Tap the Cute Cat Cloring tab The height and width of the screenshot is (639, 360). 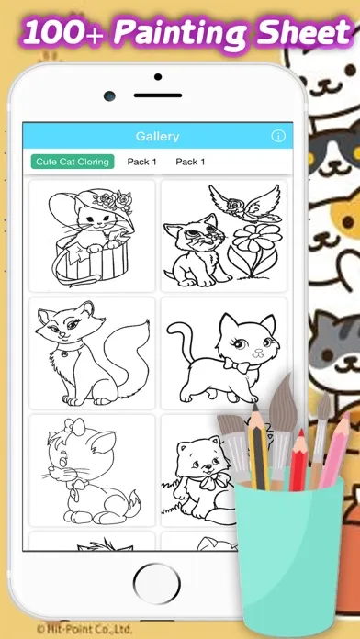(x=73, y=163)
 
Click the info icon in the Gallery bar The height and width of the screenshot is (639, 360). (x=278, y=136)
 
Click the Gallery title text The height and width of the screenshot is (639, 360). (x=157, y=136)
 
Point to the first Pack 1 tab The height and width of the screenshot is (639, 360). (x=141, y=163)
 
